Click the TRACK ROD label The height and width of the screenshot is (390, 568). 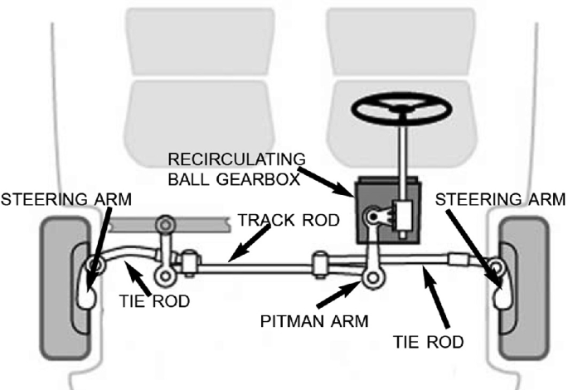(x=288, y=220)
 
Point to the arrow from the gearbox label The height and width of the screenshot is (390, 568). (x=327, y=182)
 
